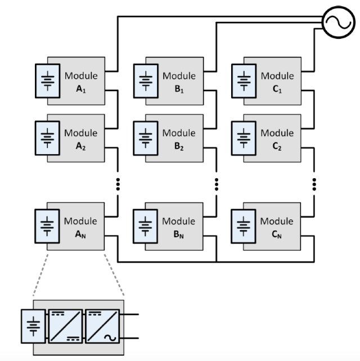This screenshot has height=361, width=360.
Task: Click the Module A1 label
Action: pos(80,81)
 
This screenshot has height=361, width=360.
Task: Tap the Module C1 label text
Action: pos(277,81)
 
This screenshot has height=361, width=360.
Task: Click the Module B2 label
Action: pos(179,138)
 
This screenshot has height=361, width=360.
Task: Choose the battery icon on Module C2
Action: pos(244,138)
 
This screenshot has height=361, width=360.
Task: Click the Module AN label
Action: pos(80,227)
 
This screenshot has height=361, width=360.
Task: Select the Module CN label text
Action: pos(277,227)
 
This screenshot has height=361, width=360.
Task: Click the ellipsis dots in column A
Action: pos(118,184)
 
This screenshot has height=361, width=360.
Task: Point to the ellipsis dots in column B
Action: pos(217,184)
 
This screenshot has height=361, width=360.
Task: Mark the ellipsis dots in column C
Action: pos(314,184)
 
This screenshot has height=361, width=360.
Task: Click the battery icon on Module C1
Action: pos(244,81)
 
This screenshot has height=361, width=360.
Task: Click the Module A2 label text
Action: pos(80,138)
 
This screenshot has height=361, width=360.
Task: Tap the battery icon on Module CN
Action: pos(244,227)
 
